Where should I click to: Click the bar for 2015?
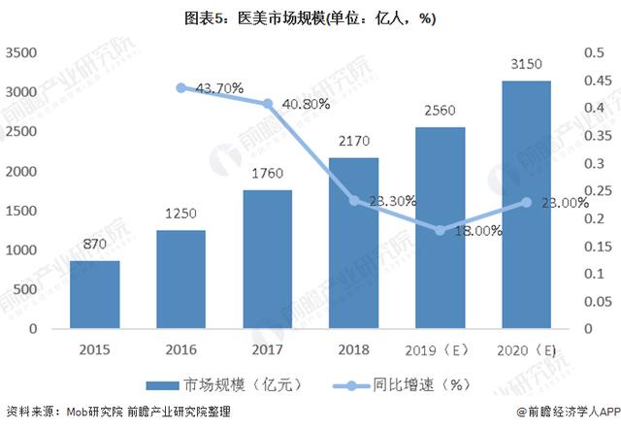(x=94, y=294)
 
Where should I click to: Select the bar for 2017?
(x=267, y=259)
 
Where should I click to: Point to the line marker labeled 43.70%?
(x=180, y=87)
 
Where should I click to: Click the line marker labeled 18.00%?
(x=440, y=230)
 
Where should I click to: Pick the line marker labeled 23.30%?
(x=354, y=201)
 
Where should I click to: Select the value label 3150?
(x=525, y=65)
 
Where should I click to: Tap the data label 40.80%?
(x=305, y=103)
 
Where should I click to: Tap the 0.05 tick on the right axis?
(x=593, y=301)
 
